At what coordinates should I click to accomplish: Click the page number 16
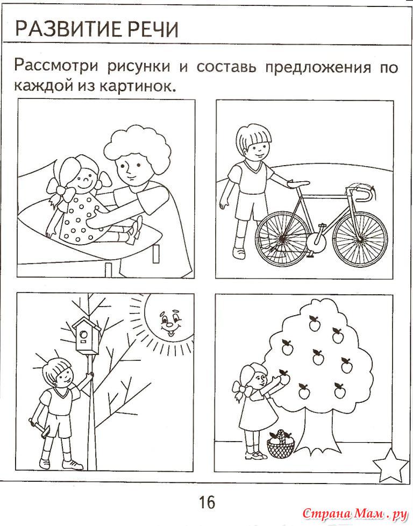pos(207,502)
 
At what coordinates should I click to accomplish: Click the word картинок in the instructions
pos(138,87)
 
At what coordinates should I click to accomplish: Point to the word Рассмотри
pos(56,66)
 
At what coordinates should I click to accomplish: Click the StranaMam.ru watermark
pos(354,513)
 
